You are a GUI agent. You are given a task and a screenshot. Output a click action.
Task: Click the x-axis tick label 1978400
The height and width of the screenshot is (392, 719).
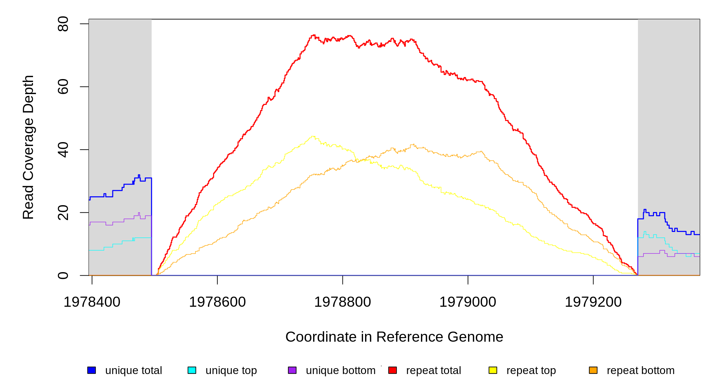[92, 302]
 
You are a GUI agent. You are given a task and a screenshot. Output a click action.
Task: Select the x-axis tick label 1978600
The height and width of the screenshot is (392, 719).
[217, 302]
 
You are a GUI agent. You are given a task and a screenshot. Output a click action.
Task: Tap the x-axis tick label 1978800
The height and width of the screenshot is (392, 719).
[343, 302]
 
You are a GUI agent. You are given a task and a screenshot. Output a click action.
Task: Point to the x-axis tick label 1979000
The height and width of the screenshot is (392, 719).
[468, 302]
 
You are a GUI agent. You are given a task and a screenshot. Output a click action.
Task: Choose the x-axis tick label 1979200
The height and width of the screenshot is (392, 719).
[593, 302]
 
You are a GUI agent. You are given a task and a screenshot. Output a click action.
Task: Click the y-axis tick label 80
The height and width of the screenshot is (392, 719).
[63, 24]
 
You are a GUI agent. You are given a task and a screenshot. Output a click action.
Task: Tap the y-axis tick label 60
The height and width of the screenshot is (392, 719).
[63, 87]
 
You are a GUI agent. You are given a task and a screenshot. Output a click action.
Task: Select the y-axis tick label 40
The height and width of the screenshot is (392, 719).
[63, 150]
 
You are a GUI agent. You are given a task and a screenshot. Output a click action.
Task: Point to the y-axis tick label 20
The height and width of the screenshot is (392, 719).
[63, 213]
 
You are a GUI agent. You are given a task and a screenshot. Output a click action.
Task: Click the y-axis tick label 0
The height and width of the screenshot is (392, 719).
[63, 275]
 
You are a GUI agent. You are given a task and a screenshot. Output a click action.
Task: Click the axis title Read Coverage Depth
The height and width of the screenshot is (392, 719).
[28, 147]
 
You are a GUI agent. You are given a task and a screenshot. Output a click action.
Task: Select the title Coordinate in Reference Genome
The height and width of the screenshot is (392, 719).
[394, 337]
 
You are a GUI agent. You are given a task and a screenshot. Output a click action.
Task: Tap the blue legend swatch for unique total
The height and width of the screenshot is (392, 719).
[92, 370]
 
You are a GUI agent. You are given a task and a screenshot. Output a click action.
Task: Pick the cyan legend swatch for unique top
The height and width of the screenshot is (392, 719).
[192, 370]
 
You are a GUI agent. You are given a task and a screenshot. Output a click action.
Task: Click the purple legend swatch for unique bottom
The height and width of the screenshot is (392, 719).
[292, 370]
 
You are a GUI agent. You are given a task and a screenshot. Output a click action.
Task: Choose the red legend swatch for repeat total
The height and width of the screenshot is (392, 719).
[393, 370]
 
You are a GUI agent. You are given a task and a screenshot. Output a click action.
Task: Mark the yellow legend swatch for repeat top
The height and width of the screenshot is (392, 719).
[493, 370]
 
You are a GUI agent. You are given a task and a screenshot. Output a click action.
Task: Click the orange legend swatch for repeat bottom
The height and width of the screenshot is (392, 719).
[593, 370]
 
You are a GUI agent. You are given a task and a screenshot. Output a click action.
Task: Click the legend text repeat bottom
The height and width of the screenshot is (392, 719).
[641, 370]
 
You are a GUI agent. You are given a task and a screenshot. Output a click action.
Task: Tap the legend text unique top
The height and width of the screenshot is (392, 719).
[231, 370]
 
